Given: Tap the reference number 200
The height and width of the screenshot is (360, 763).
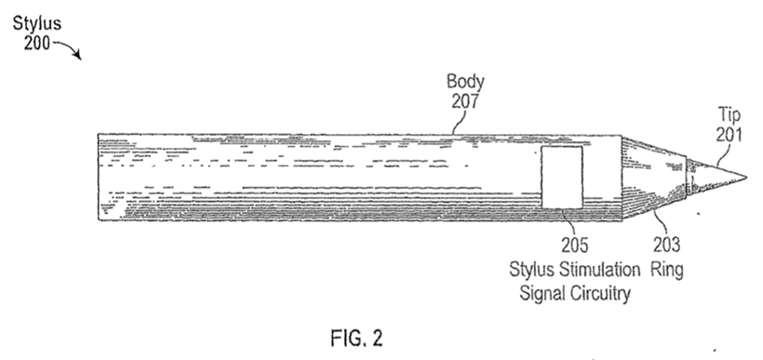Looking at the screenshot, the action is [37, 44].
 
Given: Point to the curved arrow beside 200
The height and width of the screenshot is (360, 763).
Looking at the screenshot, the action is [68, 49].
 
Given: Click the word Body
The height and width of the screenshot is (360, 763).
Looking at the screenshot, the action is [465, 82].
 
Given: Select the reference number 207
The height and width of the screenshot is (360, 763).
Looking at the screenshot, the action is [465, 101].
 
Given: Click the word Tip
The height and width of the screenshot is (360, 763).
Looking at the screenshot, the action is [730, 115].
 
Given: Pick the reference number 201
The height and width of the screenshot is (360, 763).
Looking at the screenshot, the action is [729, 134].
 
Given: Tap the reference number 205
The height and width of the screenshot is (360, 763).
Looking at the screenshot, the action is [575, 246].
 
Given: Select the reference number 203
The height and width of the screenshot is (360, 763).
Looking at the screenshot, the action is [666, 245].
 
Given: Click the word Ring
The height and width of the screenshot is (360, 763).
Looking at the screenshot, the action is [667, 269].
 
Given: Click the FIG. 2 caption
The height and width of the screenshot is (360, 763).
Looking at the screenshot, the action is [356, 338].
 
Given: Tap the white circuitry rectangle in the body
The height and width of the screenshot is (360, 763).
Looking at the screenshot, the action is [562, 178].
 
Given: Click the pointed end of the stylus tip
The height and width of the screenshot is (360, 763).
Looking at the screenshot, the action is [746, 177].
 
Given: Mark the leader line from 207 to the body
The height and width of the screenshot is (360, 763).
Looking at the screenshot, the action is [459, 122].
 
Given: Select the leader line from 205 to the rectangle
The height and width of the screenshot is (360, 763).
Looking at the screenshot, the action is [568, 222].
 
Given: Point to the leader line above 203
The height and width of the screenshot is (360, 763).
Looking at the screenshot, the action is [661, 222].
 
